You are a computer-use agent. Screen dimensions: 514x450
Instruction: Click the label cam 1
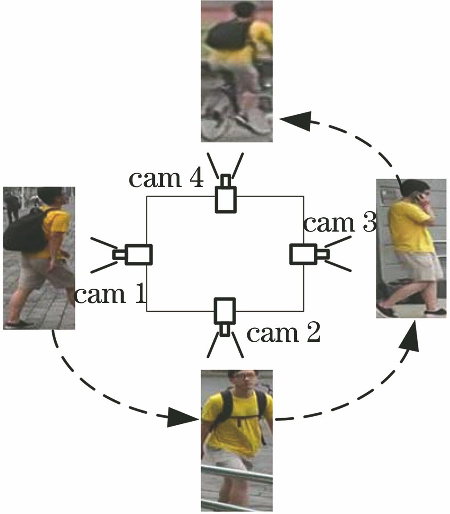[110, 295]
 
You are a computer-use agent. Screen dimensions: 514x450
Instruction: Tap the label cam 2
[283, 333]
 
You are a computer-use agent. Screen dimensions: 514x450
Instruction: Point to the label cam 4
[166, 178]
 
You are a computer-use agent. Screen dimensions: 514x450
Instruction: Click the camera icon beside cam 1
[134, 254]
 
